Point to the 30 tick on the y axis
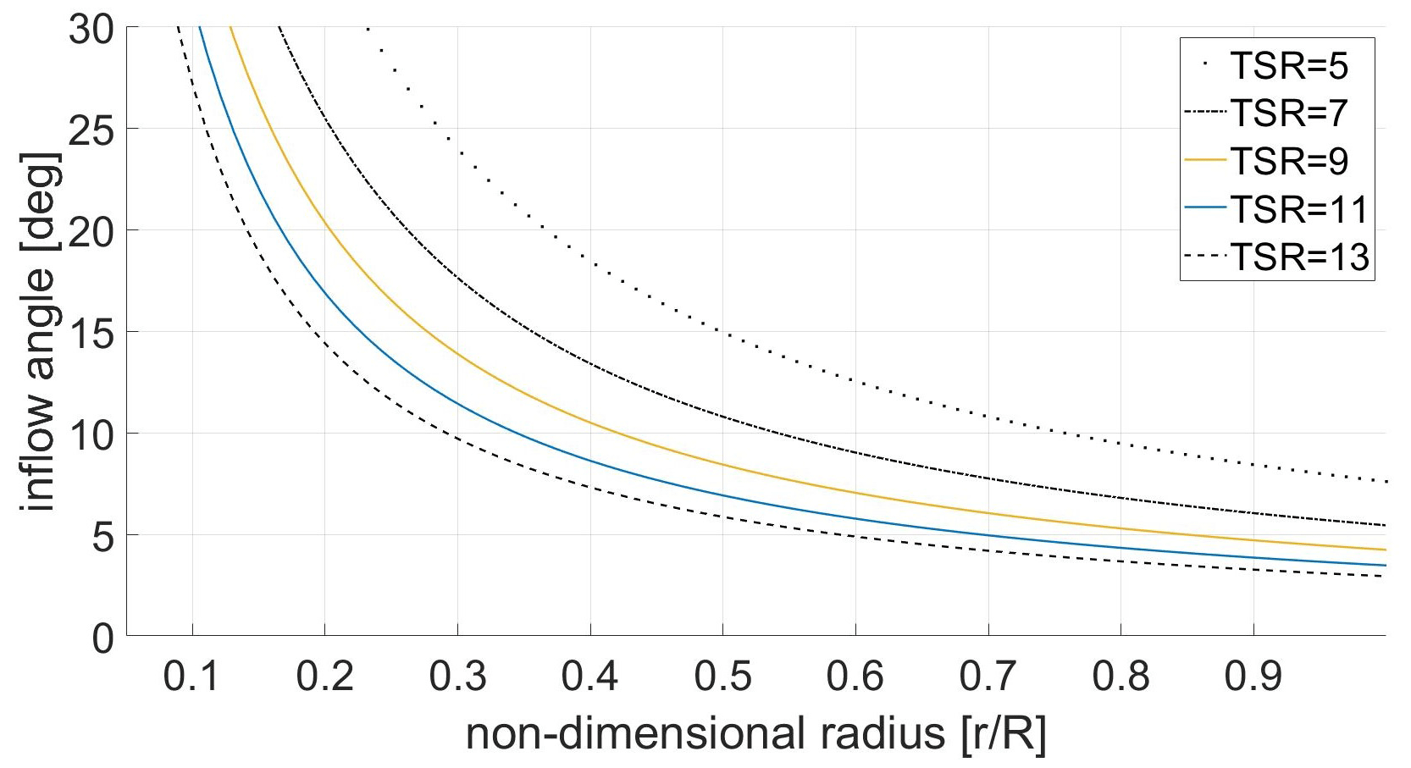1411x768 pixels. point(91,30)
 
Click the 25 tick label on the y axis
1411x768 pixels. point(91,130)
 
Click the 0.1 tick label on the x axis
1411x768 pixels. point(191,677)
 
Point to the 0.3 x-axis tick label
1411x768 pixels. point(457,677)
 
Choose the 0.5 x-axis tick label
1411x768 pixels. point(722,677)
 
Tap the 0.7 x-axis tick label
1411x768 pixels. point(988,677)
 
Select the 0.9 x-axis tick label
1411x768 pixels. point(1253,677)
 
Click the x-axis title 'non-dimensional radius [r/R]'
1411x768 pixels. point(755,733)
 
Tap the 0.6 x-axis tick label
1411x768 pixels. point(855,677)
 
